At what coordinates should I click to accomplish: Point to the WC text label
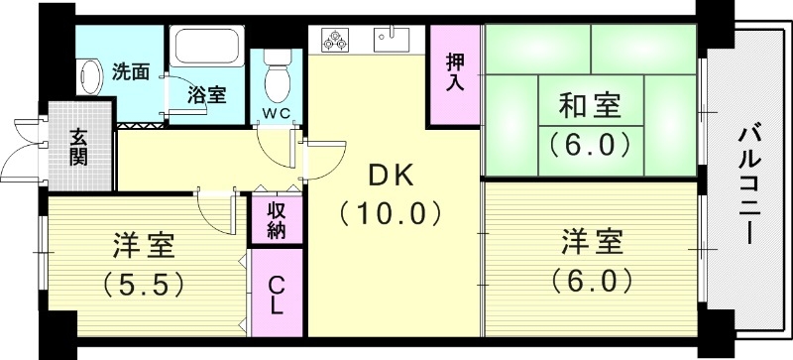pyautogui.click(x=277, y=112)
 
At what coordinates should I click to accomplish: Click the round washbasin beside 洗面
pyautogui.click(x=92, y=75)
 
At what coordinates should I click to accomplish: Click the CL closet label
pyautogui.click(x=277, y=294)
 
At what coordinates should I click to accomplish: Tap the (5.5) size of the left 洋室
pyautogui.click(x=144, y=285)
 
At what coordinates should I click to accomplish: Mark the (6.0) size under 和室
pyautogui.click(x=591, y=145)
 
